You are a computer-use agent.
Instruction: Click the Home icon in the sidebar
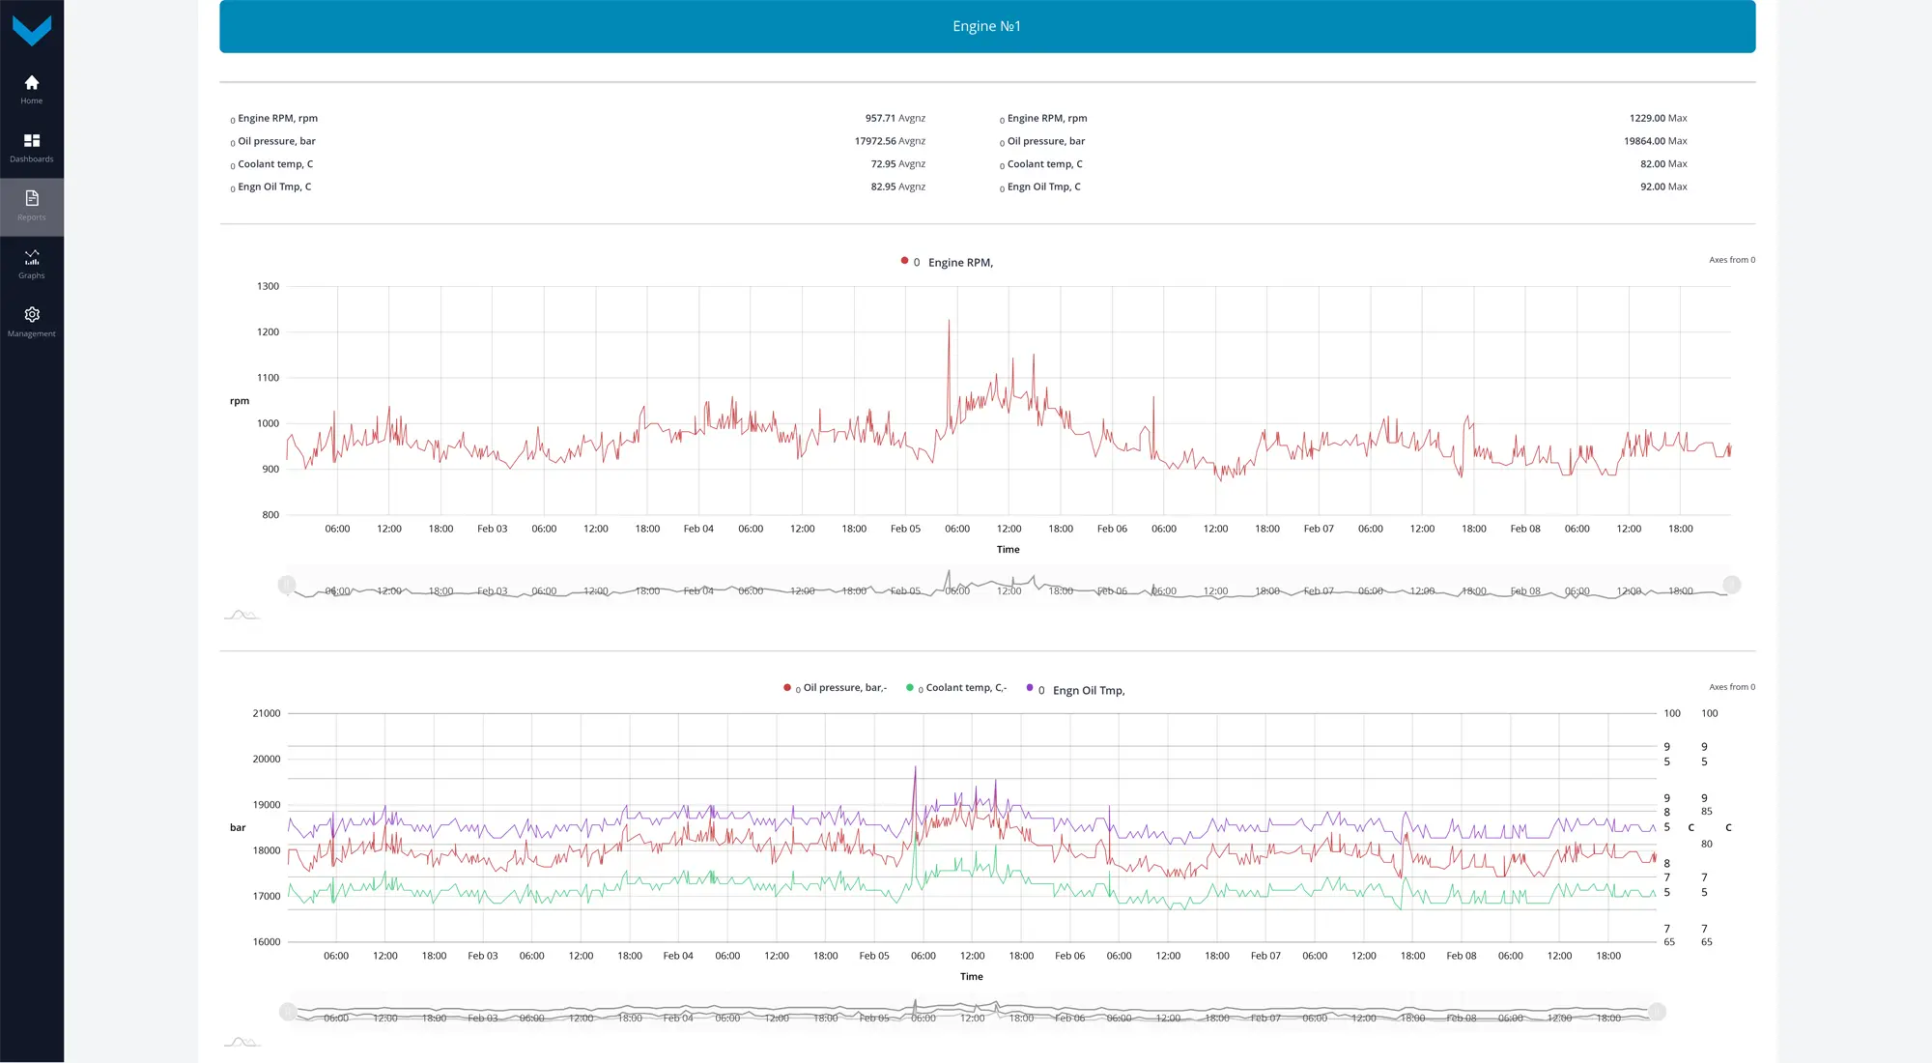pos(32,83)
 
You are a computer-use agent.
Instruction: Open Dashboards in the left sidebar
pos(32,141)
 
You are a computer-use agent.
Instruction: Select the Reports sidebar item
pos(32,199)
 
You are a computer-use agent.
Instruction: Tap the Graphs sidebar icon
pos(32,258)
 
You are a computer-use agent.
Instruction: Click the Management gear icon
pos(32,315)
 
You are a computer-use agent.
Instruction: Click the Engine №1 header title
pos(986,26)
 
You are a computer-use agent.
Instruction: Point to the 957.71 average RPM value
pos(879,118)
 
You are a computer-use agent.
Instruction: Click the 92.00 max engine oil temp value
pos(1652,187)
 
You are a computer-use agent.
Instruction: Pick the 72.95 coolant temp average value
pos(883,164)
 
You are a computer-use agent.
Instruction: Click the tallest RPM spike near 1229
pos(949,321)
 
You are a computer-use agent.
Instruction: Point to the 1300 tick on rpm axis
pos(268,286)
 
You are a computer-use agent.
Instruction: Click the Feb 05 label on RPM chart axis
pos(905,529)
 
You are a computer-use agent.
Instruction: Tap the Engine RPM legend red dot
pos(904,261)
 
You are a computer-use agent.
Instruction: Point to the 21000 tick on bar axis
pos(267,713)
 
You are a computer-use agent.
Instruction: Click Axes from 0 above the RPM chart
pos(1731,260)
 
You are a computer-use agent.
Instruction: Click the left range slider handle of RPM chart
pos(287,585)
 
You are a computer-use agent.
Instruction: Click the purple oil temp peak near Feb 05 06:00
pos(916,767)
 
